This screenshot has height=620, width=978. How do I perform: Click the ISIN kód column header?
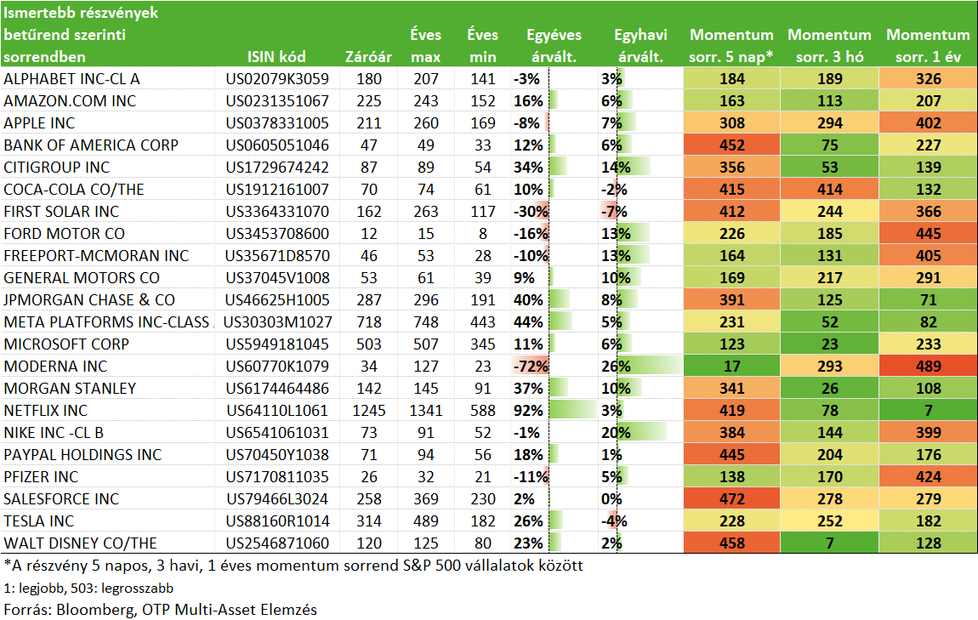(276, 57)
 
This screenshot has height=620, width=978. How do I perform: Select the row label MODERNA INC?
(55, 367)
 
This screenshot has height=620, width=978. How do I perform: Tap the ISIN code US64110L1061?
(277, 411)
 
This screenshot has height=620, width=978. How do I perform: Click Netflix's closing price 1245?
(368, 411)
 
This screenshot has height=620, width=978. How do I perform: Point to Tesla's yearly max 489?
(426, 520)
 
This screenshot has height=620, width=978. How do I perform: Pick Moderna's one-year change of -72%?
(530, 367)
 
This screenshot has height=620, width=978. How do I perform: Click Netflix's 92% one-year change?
(528, 411)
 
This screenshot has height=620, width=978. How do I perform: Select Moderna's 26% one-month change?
(616, 367)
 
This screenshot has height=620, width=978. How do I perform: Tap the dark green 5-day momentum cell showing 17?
(731, 367)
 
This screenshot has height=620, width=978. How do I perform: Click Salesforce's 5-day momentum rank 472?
(731, 499)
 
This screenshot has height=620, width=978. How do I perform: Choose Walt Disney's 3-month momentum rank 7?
(829, 543)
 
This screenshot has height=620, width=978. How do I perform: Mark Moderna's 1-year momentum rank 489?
(928, 367)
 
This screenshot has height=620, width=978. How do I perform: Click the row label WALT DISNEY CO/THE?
(81, 543)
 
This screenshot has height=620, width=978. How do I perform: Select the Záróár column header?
(368, 57)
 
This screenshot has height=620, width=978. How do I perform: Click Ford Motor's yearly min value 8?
(483, 233)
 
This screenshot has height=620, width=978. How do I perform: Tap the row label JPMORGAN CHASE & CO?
(89, 300)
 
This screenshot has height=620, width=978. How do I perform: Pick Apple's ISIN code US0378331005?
(277, 122)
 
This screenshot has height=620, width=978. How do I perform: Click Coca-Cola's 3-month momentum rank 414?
(829, 189)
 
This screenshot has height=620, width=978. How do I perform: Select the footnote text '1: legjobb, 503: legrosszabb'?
(88, 589)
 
